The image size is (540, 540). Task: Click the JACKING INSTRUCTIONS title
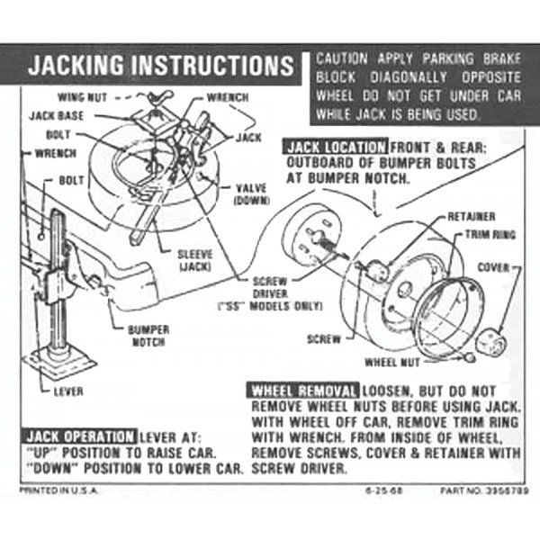tap(161, 65)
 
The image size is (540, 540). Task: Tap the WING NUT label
tap(82, 97)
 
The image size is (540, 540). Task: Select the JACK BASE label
tap(57, 116)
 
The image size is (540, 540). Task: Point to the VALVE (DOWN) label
tap(252, 194)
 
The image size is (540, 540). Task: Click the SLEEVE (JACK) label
tap(195, 260)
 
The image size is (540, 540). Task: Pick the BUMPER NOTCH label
tap(148, 336)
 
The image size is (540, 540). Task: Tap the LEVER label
tap(68, 391)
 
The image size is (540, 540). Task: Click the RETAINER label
tap(472, 217)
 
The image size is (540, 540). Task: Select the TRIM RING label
tap(490, 235)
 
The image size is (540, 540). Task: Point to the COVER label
tap(493, 267)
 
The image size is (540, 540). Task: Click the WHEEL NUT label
tap(392, 363)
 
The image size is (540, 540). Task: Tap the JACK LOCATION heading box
tap(335, 147)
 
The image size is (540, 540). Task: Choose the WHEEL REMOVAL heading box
tap(303, 391)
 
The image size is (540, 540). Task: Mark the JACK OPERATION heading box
tap(79, 436)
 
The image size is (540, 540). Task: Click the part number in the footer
tap(484, 490)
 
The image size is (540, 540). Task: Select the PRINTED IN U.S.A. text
tap(58, 490)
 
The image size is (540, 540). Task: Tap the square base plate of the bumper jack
tap(59, 363)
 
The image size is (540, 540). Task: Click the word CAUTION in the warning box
tap(342, 58)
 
